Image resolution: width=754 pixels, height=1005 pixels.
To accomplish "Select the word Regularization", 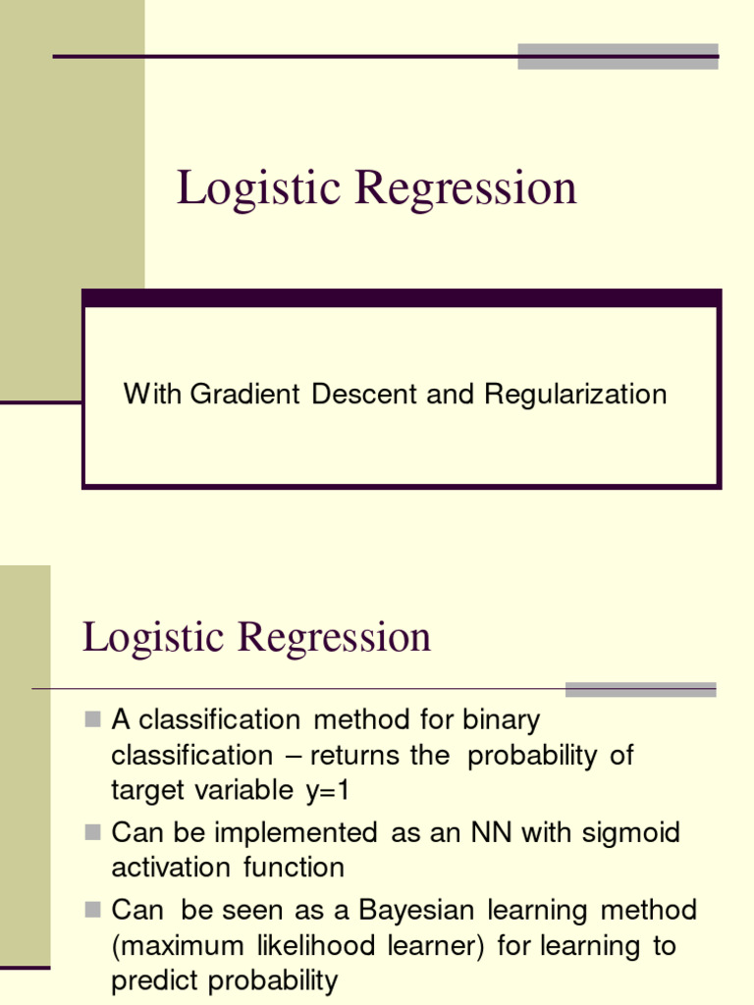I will click(x=575, y=395).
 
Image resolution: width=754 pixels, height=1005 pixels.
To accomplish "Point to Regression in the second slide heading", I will click(x=336, y=637).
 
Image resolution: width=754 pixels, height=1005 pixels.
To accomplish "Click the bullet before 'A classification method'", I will click(x=93, y=720).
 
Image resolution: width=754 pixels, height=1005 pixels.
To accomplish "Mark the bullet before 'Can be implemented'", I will click(x=93, y=833).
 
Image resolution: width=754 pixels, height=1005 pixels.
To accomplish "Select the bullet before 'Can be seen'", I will click(x=93, y=910).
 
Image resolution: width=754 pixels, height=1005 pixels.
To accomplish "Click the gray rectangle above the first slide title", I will click(x=618, y=56).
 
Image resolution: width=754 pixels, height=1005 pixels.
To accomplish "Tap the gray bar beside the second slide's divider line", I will click(x=640, y=689).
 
